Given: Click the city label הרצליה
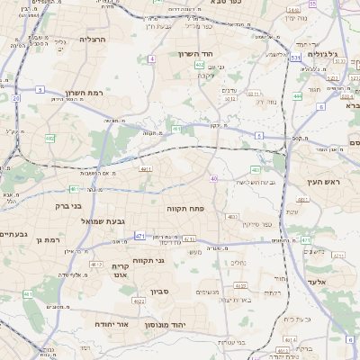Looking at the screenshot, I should coord(94,40).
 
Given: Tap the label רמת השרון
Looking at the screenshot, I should coord(87,93).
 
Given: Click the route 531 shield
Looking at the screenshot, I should coord(295,57).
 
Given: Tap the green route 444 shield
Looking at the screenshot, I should coord(297,95).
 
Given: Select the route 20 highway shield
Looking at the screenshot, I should coord(16,97).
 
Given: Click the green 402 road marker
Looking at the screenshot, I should coord(199,65).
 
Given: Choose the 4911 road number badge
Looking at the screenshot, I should coord(145,167).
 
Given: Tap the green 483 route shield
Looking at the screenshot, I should coord(256,169).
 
